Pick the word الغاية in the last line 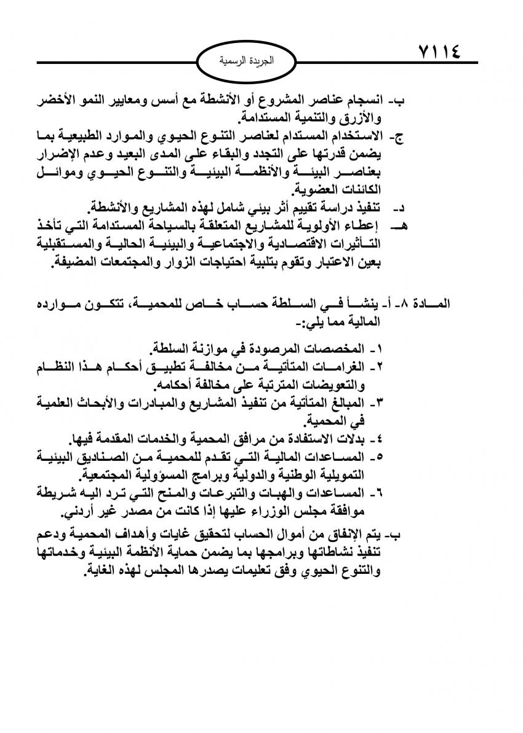click(105, 571)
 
